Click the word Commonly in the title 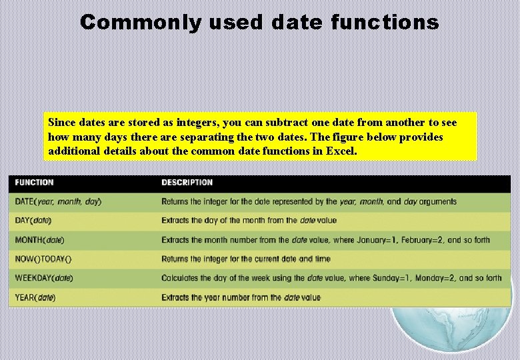point(140,23)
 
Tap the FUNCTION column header point(35,183)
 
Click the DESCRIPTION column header point(187,183)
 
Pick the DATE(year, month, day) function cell point(59,201)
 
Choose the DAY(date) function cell point(33,221)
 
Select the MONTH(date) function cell point(40,240)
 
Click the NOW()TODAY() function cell point(43,259)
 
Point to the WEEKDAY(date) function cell point(44,278)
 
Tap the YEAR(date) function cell point(35,297)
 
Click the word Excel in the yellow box point(341,151)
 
